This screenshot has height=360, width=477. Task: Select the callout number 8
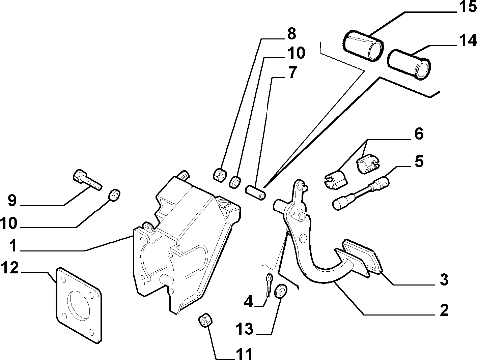pos(291,34)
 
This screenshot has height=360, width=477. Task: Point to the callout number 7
pos(292,72)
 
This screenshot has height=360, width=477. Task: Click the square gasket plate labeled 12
pos(79,306)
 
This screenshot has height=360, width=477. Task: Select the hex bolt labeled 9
pos(87,180)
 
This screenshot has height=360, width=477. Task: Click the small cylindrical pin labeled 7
pos(256,192)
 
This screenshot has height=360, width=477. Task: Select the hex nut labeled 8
pos(219,175)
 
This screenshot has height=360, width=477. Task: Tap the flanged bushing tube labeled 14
pos(409,64)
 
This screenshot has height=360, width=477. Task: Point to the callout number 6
pos(419,134)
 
